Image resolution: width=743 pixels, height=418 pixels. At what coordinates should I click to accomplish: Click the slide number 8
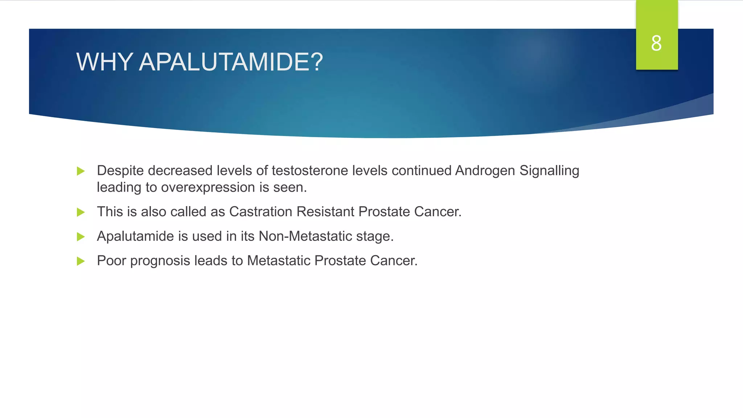(656, 43)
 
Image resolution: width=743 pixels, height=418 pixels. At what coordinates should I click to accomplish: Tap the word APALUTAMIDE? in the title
(231, 62)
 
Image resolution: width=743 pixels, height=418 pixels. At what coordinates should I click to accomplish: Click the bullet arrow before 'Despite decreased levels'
(81, 171)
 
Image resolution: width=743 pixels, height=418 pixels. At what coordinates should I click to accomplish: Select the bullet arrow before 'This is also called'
(81, 212)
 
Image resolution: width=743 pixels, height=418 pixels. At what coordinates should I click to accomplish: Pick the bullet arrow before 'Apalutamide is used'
(81, 237)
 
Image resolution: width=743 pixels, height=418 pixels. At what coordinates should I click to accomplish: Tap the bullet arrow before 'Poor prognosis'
(81, 261)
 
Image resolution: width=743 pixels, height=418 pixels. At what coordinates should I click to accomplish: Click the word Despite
(120, 171)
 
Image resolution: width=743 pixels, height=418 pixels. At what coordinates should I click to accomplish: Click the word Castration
(260, 212)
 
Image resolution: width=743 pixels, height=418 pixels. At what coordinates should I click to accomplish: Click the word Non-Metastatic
(305, 237)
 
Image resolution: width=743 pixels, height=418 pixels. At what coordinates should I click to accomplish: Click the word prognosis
(160, 261)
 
